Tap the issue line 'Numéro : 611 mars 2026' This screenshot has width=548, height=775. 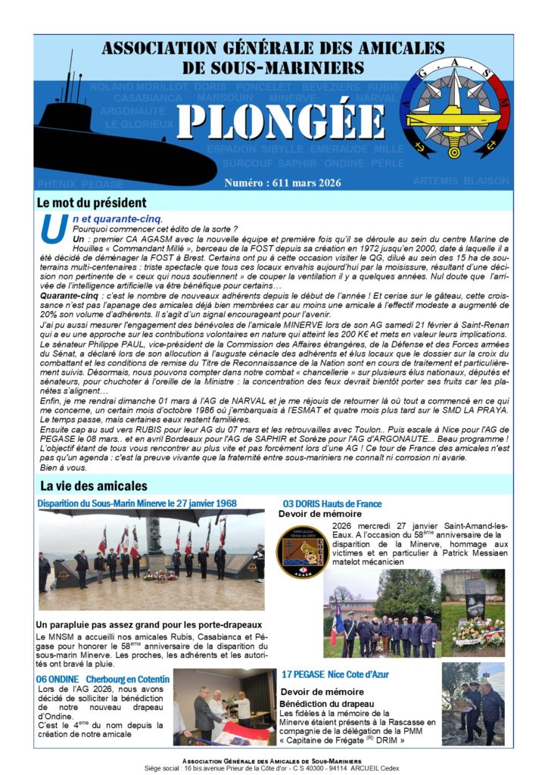pos(282,183)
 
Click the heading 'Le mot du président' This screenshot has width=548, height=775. pos(92,203)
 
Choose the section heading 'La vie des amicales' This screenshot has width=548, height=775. pos(94,485)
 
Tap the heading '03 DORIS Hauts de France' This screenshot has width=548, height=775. pos(332,503)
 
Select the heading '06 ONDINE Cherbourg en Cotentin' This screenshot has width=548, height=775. pos(103,679)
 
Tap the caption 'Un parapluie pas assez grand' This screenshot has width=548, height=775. pos(148,624)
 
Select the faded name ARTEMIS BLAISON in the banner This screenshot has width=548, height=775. pos(461,181)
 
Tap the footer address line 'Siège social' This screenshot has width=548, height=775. pos(274,767)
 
